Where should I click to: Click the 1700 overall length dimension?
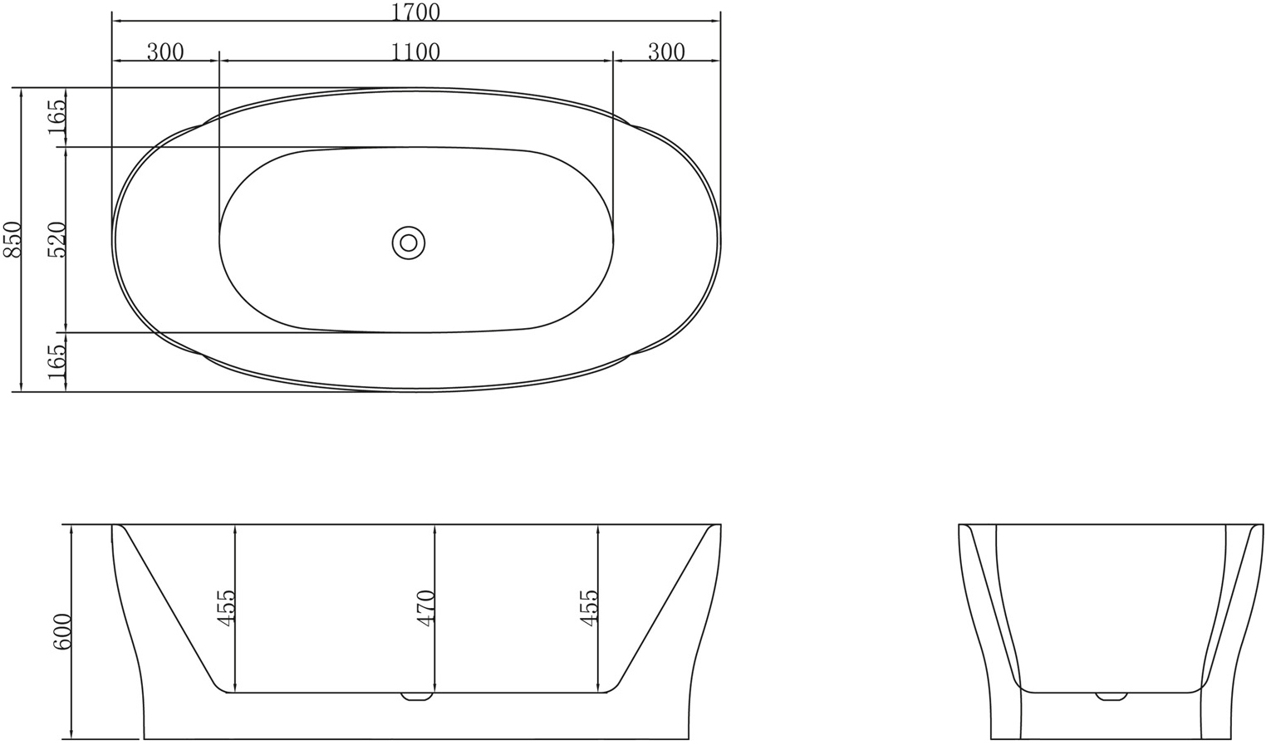(x=415, y=12)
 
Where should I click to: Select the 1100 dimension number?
(x=415, y=51)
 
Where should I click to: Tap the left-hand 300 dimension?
(x=164, y=51)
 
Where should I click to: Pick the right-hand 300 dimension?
(x=665, y=51)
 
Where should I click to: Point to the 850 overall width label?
(x=10, y=239)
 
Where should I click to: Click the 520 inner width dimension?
(x=56, y=239)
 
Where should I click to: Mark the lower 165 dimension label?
(x=56, y=362)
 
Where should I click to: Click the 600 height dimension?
(x=61, y=632)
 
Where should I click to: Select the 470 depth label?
(x=425, y=608)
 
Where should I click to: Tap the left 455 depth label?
(x=226, y=608)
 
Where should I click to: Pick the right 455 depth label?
(x=588, y=608)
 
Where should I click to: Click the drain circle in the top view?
(x=408, y=243)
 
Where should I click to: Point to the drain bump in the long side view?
(x=417, y=697)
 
